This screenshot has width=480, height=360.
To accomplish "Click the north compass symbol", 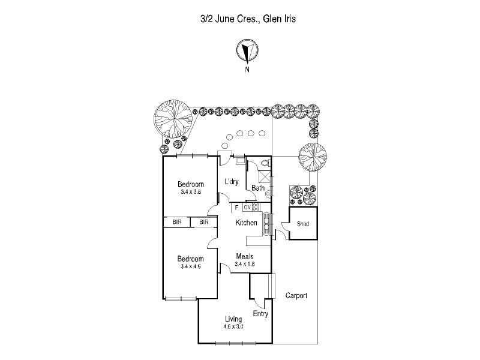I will tap(247, 52).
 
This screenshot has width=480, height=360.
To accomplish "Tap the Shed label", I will tap(303, 225).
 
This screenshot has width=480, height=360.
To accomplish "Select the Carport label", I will tap(296, 296).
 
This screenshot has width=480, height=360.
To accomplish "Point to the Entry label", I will tap(260, 314).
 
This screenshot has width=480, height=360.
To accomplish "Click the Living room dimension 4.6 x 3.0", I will tap(233, 326).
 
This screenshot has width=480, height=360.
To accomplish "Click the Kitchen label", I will tap(246, 223).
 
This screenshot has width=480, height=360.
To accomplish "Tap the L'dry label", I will tap(232, 182).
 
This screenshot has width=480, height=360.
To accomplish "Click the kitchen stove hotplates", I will tap(256, 207).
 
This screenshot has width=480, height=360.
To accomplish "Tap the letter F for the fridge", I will tap(238, 207).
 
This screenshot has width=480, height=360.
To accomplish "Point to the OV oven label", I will tap(247, 207).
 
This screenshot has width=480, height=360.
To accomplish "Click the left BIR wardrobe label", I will tap(177, 222).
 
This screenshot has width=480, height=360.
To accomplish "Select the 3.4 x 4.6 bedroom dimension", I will tap(190, 266).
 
